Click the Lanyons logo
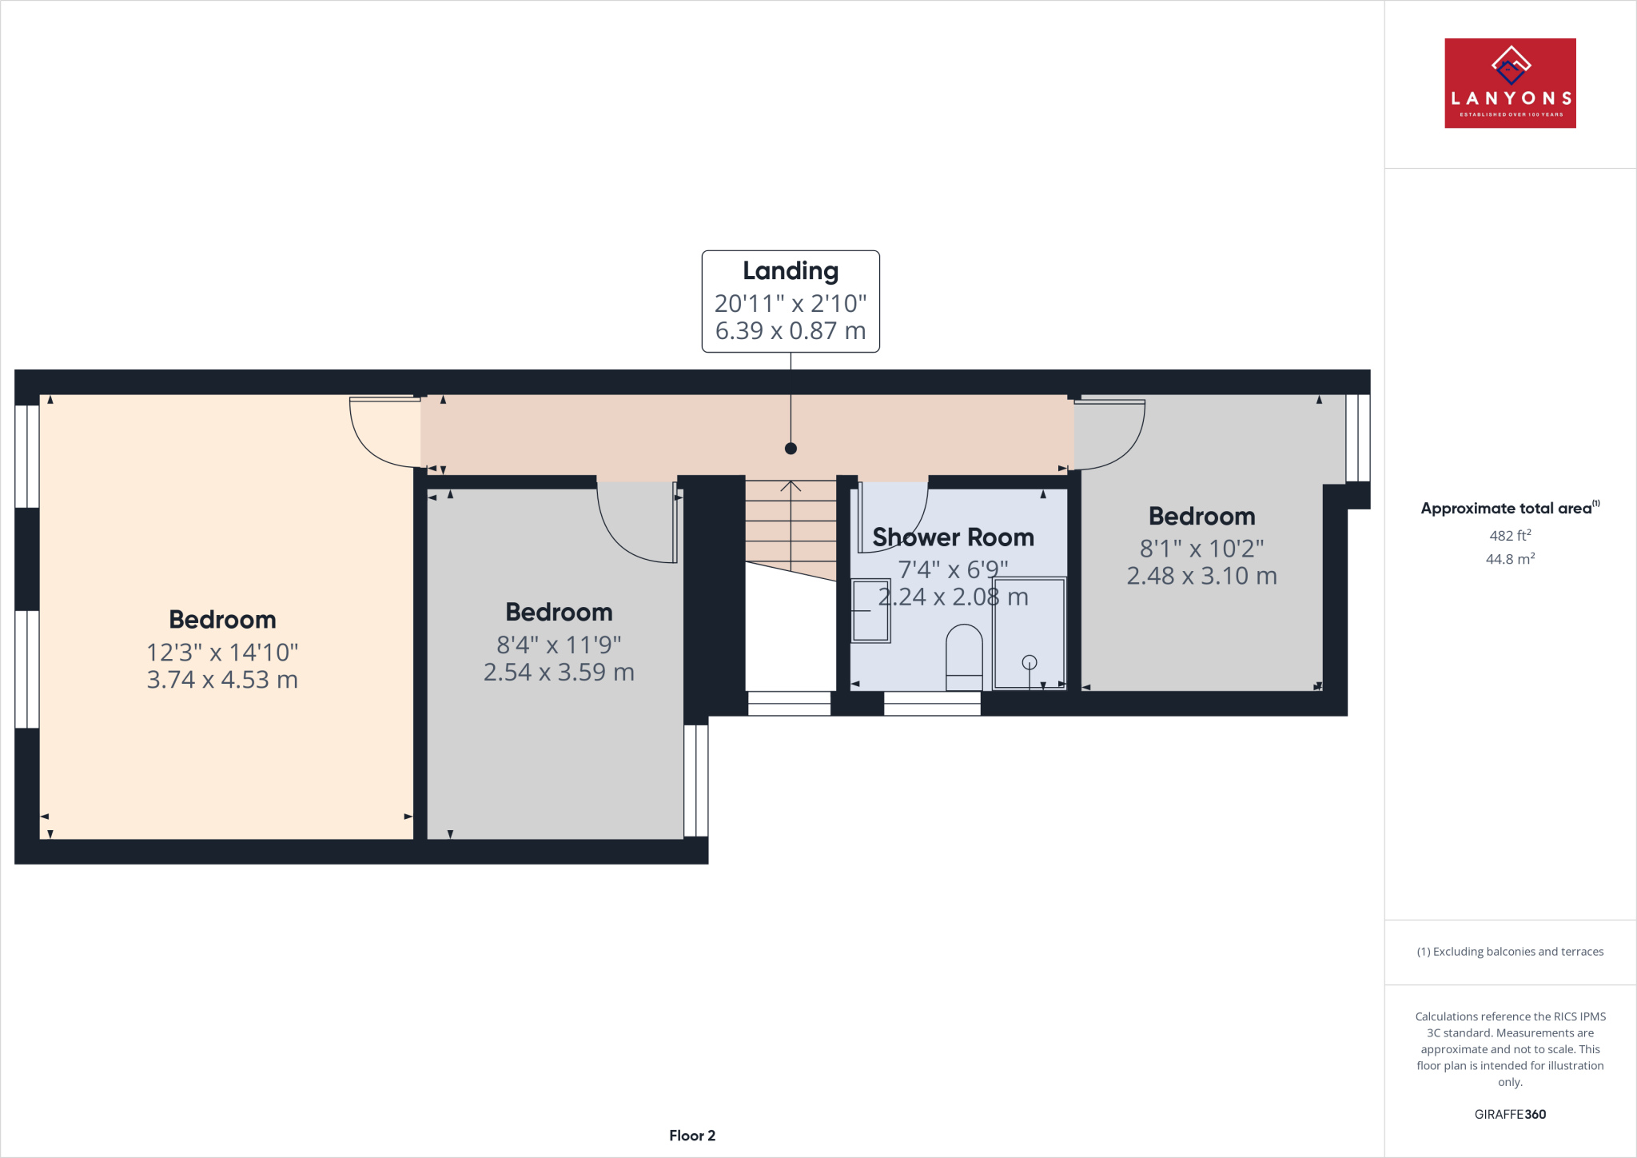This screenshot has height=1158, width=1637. [x=1510, y=83]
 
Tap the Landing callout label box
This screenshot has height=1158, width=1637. [x=791, y=301]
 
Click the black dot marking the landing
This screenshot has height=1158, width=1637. [x=791, y=449]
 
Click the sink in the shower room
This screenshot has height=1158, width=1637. [x=870, y=611]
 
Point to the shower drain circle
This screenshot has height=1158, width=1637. [x=1030, y=662]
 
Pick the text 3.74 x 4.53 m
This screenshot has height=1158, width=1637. [x=222, y=680]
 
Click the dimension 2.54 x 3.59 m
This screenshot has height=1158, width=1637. [x=559, y=673]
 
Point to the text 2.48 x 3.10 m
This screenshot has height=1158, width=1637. [x=1201, y=576]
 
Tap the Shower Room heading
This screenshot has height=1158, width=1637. [x=953, y=537]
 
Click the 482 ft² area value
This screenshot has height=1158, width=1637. [x=1510, y=536]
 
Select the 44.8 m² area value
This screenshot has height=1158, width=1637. [x=1510, y=559]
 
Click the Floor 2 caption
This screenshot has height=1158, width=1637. [x=692, y=1136]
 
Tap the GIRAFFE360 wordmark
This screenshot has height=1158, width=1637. [x=1510, y=1114]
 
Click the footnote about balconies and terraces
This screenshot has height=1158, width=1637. [x=1510, y=952]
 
